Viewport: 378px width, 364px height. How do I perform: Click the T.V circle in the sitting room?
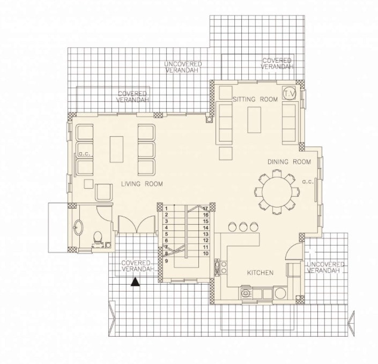click(x=290, y=93)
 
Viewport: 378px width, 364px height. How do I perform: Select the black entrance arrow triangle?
click(x=135, y=282)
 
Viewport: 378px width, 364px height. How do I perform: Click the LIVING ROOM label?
click(x=142, y=184)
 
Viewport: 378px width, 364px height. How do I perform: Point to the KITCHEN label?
click(x=261, y=273)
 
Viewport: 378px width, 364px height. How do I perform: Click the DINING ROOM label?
click(x=290, y=162)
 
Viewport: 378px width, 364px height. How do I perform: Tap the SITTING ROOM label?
click(x=255, y=99)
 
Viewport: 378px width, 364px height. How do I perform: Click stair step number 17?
click(x=205, y=209)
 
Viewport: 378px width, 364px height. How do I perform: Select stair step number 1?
click(x=166, y=209)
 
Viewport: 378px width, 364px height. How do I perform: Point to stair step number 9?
click(x=166, y=261)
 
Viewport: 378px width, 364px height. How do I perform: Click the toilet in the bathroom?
click(x=98, y=237)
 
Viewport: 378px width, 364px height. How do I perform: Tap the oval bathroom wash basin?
click(x=78, y=227)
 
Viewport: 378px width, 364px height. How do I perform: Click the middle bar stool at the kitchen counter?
click(x=243, y=227)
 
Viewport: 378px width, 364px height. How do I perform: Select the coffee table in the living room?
click(x=117, y=149)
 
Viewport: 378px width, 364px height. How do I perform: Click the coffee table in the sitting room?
click(x=254, y=120)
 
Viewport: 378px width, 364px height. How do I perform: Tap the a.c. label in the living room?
click(x=85, y=154)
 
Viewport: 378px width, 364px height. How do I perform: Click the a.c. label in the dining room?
click(x=308, y=182)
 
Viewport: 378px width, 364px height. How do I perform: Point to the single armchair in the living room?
click(x=104, y=192)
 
